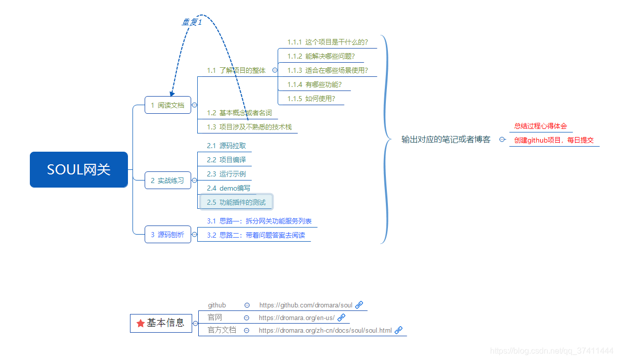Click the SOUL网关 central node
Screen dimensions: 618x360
pyautogui.click(x=79, y=169)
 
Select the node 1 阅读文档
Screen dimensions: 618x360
pyautogui.click(x=168, y=105)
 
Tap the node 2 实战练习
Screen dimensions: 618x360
pyautogui.click(x=168, y=181)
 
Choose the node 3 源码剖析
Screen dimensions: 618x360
pyautogui.click(x=168, y=235)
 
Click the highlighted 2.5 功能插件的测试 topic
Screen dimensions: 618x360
pyautogui.click(x=237, y=202)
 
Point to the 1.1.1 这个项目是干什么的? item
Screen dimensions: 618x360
pyautogui.click(x=328, y=42)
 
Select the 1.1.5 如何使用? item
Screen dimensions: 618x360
pyautogui.click(x=312, y=99)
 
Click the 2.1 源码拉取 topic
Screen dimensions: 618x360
pyautogui.click(x=227, y=146)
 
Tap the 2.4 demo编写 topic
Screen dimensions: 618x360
pyautogui.click(x=229, y=188)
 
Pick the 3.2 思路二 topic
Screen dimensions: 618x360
pyautogui.click(x=256, y=235)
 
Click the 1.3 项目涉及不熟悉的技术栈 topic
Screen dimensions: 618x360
pyautogui.click(x=249, y=127)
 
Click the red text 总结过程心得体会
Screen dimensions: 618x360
pyautogui.click(x=541, y=126)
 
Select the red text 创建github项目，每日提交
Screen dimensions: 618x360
pyautogui.click(x=554, y=140)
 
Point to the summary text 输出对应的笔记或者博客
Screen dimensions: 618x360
pyautogui.click(x=446, y=140)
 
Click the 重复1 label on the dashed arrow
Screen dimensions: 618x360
pyautogui.click(x=192, y=22)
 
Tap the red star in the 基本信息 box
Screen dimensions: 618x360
pyautogui.click(x=140, y=323)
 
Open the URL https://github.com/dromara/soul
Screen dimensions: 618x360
pyautogui.click(x=306, y=305)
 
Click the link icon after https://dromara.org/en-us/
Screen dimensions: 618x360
pyautogui.click(x=341, y=318)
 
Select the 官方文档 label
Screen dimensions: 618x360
pyautogui.click(x=222, y=330)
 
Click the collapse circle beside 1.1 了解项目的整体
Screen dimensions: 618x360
pyautogui.click(x=275, y=71)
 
